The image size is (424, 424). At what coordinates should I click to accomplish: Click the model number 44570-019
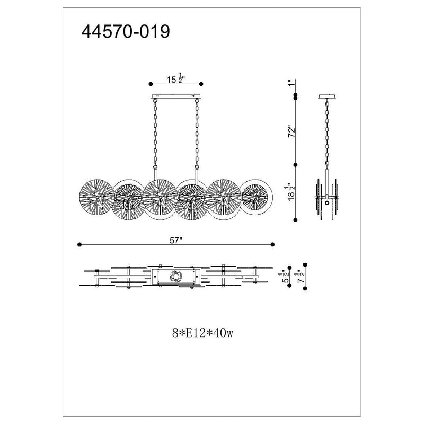(126, 31)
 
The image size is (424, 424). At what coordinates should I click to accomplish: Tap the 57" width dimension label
(176, 240)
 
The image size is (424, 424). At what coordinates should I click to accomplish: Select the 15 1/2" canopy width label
(175, 78)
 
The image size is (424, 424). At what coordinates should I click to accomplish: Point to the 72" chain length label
(292, 131)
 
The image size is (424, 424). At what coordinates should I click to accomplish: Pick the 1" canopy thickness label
(290, 83)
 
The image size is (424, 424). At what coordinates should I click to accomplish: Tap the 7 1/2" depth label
(301, 276)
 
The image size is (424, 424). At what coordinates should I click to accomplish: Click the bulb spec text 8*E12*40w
(202, 333)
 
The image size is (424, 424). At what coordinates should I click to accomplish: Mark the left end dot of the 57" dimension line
(79, 244)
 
